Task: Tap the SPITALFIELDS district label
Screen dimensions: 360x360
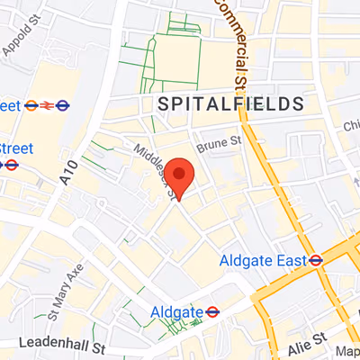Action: click(x=230, y=105)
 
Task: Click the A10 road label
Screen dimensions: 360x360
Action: click(x=68, y=173)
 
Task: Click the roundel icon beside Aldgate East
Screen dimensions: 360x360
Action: click(x=315, y=261)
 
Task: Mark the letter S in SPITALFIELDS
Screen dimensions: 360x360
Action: click(x=164, y=105)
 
